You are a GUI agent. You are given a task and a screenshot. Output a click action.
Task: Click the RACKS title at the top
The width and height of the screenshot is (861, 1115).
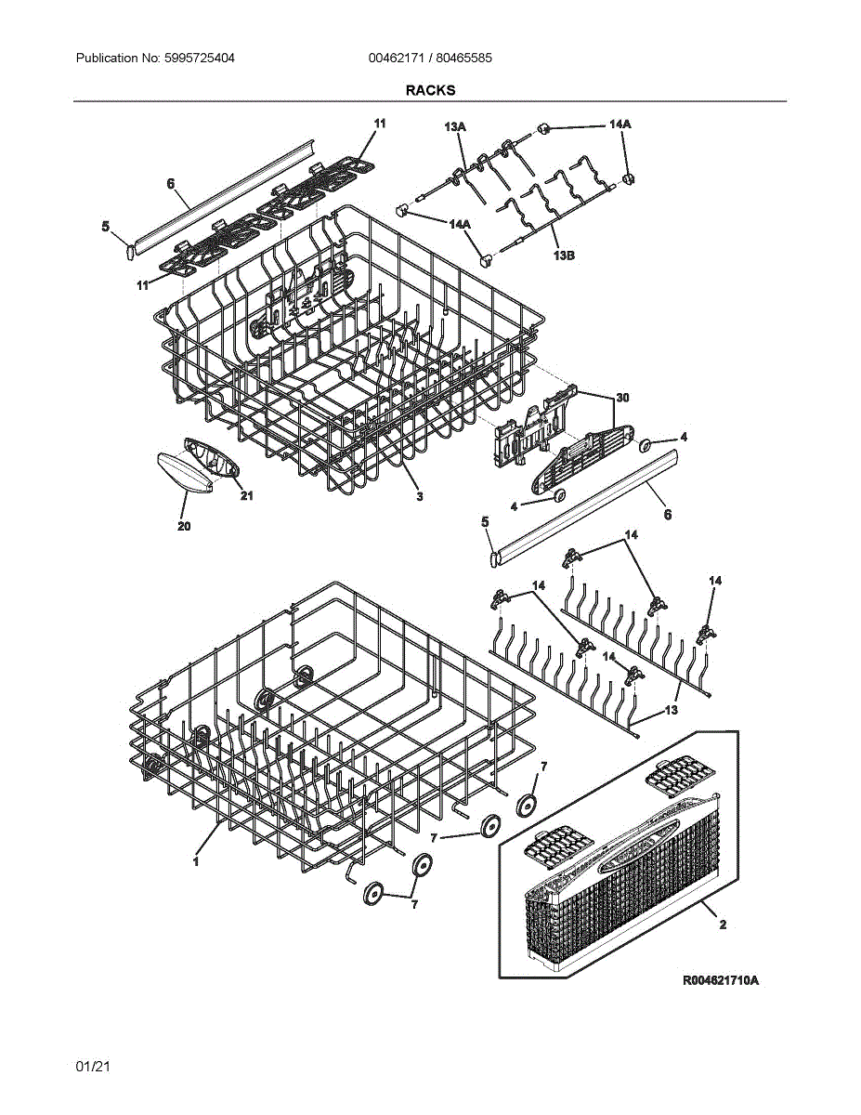(430, 90)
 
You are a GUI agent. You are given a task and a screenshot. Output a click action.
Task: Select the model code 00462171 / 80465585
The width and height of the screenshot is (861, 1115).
(430, 58)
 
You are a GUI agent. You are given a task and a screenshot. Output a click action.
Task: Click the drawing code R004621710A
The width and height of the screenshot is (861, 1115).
(721, 981)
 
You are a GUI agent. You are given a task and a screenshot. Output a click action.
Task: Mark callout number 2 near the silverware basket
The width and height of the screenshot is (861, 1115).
(722, 925)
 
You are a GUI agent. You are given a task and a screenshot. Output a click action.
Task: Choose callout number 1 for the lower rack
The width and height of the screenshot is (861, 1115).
(196, 861)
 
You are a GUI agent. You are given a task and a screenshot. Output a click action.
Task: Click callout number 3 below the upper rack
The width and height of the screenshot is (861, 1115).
(420, 497)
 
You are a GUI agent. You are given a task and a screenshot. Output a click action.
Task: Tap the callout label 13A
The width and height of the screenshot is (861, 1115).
(455, 125)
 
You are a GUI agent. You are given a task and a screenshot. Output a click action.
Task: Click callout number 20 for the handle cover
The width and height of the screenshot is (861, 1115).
(184, 527)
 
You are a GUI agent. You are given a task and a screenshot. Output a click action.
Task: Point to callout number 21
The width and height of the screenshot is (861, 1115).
(246, 495)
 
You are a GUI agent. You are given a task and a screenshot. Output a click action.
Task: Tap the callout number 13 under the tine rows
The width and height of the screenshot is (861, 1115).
(671, 710)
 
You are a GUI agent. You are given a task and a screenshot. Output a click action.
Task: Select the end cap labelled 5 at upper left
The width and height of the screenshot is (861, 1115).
(130, 249)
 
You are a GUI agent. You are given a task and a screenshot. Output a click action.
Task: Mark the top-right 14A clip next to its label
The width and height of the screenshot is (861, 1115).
(546, 128)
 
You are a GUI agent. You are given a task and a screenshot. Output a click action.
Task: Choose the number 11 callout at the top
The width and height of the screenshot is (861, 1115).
(379, 123)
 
